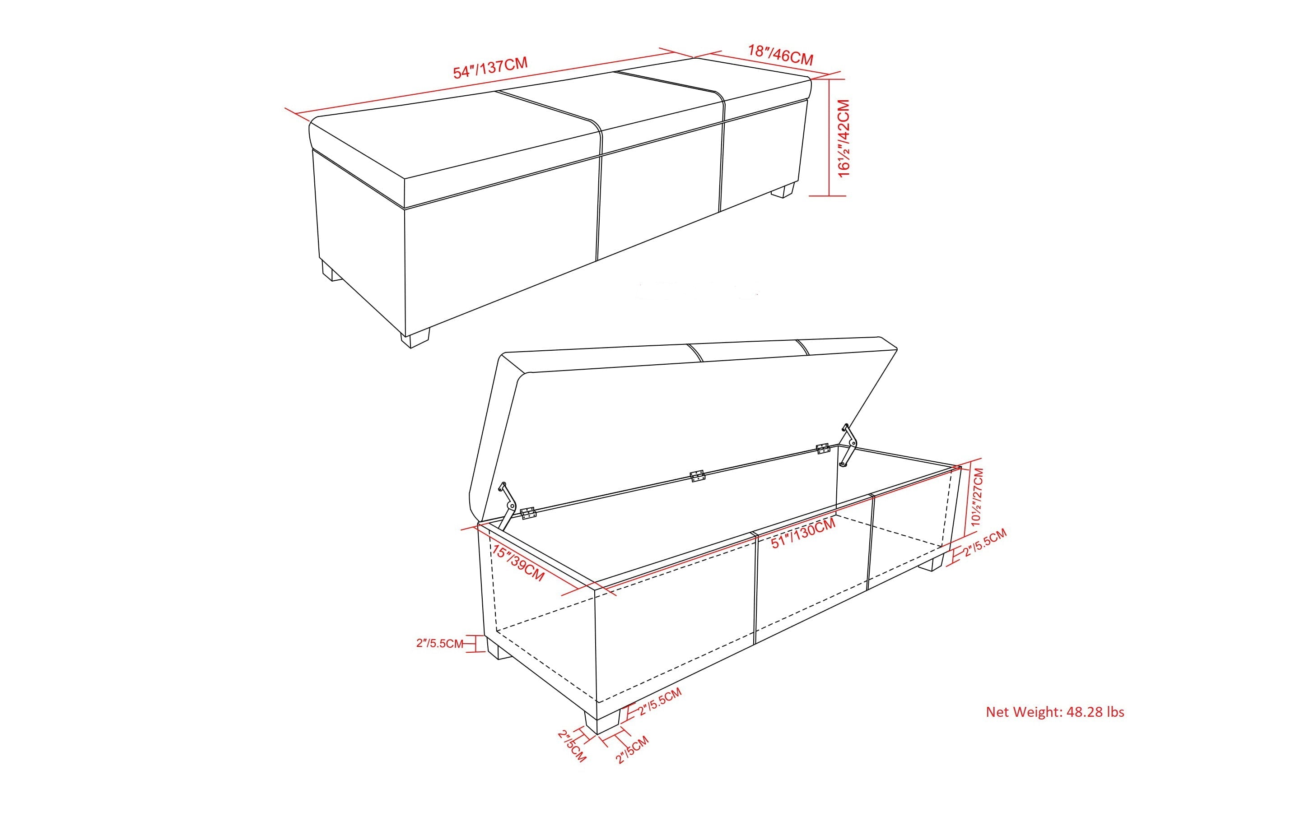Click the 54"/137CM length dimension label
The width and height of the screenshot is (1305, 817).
[490, 68]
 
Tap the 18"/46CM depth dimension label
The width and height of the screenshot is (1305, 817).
[780, 55]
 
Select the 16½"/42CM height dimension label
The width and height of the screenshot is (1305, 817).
[844, 138]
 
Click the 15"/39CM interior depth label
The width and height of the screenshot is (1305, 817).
[518, 562]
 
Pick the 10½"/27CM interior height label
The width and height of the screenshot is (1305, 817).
[978, 497]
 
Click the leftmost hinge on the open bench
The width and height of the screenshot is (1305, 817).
[527, 513]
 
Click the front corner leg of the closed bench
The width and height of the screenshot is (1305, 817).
[415, 337]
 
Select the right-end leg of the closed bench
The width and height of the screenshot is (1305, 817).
[783, 190]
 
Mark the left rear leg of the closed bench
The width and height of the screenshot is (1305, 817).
[331, 271]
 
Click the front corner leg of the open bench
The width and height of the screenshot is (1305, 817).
[601, 721]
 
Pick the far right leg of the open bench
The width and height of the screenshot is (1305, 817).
[937, 562]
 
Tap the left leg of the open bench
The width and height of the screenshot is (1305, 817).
[499, 647]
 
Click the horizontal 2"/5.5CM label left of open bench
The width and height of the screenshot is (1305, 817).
[439, 644]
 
